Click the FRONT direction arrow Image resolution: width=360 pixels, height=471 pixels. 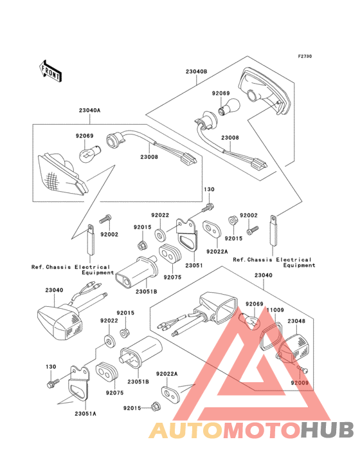(x=50, y=71)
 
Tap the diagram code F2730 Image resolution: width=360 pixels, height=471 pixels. (x=305, y=56)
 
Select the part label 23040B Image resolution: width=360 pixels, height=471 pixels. (x=197, y=71)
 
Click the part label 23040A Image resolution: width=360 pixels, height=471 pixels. (x=90, y=110)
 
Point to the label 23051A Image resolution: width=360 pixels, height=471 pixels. (x=85, y=414)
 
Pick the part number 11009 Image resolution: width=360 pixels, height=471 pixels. (x=275, y=309)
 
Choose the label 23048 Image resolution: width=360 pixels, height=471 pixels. (x=296, y=321)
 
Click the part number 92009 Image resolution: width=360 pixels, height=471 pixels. (x=300, y=383)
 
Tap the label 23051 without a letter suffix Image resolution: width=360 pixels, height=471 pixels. (x=194, y=265)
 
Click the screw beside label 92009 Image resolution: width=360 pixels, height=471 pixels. (x=302, y=369)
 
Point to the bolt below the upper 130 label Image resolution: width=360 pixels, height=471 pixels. (x=208, y=207)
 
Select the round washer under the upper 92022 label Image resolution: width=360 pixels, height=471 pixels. (x=160, y=235)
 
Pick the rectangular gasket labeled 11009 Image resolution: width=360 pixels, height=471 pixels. (x=271, y=336)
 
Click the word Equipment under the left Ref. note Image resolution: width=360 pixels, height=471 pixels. (x=98, y=273)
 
